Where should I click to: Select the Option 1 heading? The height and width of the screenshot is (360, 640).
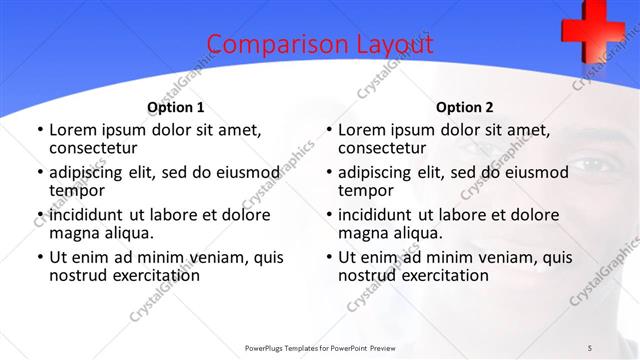(176, 107)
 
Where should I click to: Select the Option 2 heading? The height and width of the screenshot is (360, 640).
(464, 107)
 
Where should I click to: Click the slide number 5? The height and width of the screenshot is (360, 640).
(591, 347)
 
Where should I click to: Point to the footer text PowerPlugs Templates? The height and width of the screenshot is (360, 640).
(290, 347)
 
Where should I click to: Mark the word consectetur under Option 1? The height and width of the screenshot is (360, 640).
(95, 148)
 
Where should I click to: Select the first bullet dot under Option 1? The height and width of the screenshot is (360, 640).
(39, 130)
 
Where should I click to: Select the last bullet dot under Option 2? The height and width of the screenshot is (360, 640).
(328, 257)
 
